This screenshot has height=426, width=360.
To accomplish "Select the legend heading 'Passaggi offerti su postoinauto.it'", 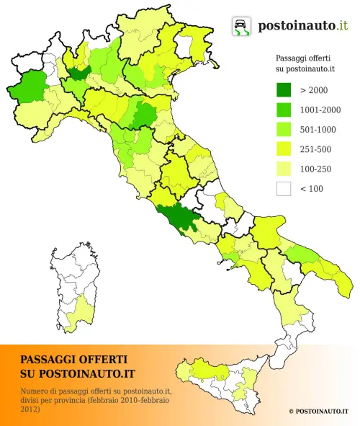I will pyautogui.click(x=307, y=63).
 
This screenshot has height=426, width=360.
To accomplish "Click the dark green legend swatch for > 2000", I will pyautogui.click(x=284, y=89).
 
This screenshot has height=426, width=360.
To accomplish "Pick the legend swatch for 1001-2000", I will pyautogui.click(x=284, y=110).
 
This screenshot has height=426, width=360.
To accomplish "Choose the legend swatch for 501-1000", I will pyautogui.click(x=284, y=130).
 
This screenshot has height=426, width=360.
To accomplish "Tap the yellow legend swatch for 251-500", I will pyautogui.click(x=284, y=149).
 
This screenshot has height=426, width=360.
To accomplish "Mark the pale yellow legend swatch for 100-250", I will pyautogui.click(x=284, y=169).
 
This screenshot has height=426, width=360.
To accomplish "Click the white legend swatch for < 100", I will pyautogui.click(x=284, y=189).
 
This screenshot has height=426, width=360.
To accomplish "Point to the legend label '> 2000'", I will pyautogui.click(x=314, y=90).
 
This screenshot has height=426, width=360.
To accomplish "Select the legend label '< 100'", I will pyautogui.click(x=312, y=190).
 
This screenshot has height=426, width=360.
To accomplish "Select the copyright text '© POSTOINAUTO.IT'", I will pyautogui.click(x=318, y=411).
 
